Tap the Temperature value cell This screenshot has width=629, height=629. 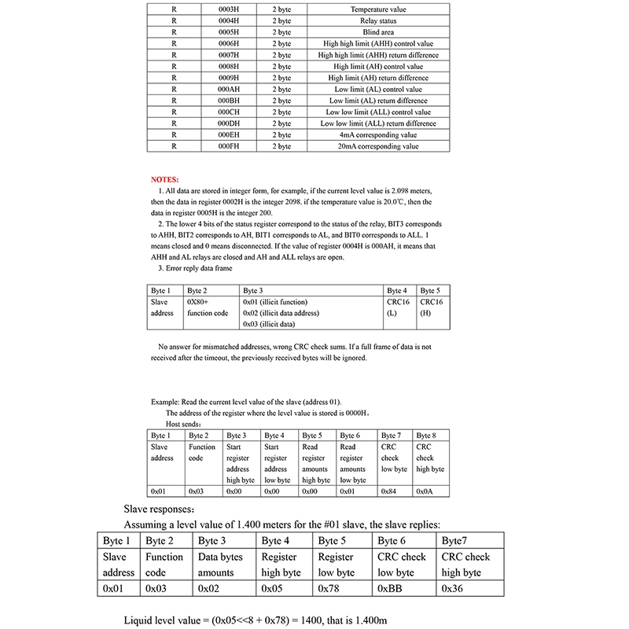pyautogui.click(x=377, y=9)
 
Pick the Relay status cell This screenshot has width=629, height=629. pyautogui.click(x=377, y=21)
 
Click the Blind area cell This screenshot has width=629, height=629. pyautogui.click(x=377, y=32)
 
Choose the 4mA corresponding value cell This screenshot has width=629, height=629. pyautogui.click(x=377, y=135)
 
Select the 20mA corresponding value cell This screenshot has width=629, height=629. pyautogui.click(x=377, y=146)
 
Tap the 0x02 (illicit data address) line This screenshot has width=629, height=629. pyautogui.click(x=281, y=313)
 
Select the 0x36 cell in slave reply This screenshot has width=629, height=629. pyautogui.click(x=452, y=587)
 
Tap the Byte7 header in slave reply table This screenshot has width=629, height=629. pyautogui.click(x=458, y=541)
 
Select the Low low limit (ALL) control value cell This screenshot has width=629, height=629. pyautogui.click(x=377, y=112)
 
